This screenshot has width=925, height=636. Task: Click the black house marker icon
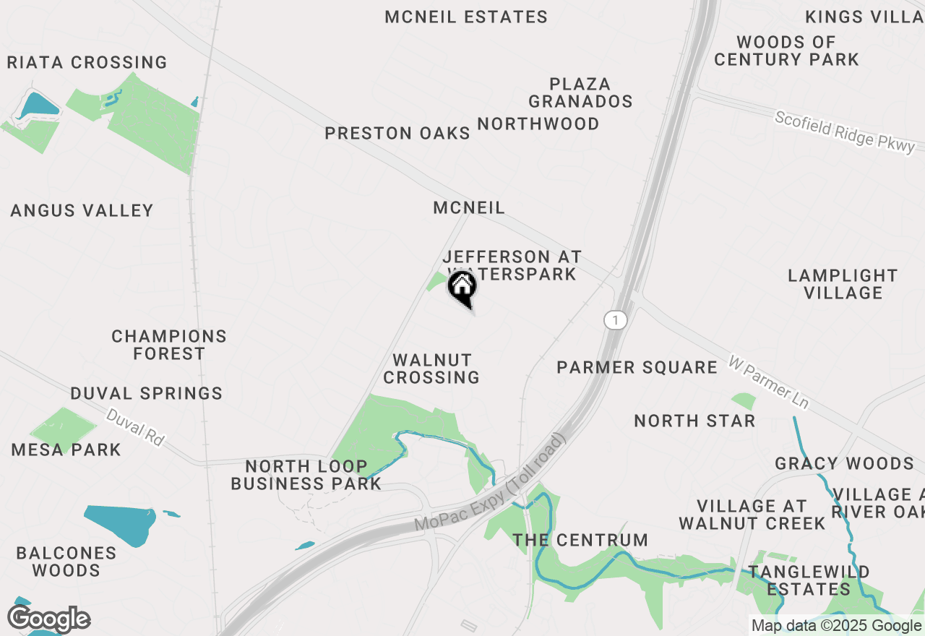[x=462, y=288]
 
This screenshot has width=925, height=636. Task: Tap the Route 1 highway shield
[x=615, y=320]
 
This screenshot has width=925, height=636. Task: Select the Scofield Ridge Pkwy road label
[x=845, y=132]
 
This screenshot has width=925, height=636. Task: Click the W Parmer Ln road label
[x=769, y=382]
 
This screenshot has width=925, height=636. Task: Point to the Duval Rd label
[x=135, y=428]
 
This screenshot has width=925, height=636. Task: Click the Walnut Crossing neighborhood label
[x=431, y=369]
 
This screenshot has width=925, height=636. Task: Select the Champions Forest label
[x=169, y=345]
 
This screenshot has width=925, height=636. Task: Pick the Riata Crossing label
[x=87, y=63]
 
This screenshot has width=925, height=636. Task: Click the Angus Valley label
[x=82, y=211]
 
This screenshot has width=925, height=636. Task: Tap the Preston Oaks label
[x=397, y=134]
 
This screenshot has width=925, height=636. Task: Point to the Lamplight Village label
[x=843, y=284]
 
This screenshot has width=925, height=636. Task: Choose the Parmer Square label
[x=637, y=368]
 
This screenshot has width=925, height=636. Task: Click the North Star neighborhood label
[x=694, y=421]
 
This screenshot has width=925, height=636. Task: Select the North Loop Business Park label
[x=306, y=475]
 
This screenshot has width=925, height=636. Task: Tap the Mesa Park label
[x=66, y=450]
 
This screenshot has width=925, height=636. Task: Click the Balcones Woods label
[x=66, y=562]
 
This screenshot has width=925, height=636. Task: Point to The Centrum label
[x=580, y=540]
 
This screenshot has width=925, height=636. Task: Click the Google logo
[x=49, y=619]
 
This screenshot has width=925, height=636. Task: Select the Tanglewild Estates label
[x=809, y=580]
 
